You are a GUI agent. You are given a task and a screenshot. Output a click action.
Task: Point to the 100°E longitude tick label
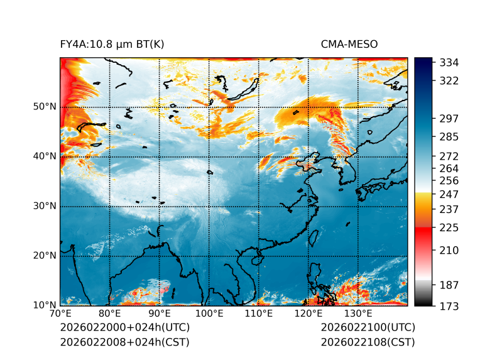point(209,314)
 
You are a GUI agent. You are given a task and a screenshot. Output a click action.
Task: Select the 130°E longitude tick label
point(357,314)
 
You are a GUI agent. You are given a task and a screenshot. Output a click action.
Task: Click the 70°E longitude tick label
point(60,314)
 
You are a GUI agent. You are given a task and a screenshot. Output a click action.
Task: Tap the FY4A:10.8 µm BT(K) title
point(112,44)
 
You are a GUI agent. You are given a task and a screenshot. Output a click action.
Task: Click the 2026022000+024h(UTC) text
point(124,328)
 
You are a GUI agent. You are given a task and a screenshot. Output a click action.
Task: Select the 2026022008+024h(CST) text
point(124,342)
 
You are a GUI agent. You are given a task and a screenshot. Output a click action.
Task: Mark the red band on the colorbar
point(423,232)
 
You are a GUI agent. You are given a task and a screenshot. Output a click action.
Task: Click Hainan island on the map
point(251,259)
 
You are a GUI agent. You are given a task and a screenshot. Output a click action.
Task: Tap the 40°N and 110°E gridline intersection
point(258,157)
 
